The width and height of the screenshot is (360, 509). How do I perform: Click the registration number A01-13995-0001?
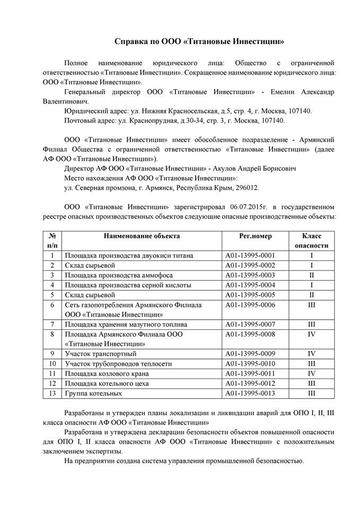pyautogui.click(x=250, y=256)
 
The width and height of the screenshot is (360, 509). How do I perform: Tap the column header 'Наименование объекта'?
pyautogui.click(x=142, y=236)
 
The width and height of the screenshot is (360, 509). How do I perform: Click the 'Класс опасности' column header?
pyautogui.click(x=312, y=241)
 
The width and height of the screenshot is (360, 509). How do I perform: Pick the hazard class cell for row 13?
pyautogui.click(x=312, y=393)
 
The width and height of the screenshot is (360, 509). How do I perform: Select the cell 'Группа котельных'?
pyautogui.click(x=93, y=393)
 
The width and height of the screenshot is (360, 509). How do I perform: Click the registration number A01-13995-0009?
pyautogui.click(x=250, y=354)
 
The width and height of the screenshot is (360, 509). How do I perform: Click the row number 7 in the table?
pyautogui.click(x=52, y=324)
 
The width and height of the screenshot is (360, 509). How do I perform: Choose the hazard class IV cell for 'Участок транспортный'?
pyautogui.click(x=312, y=354)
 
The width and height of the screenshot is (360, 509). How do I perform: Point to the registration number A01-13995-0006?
pyautogui.click(x=250, y=305)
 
